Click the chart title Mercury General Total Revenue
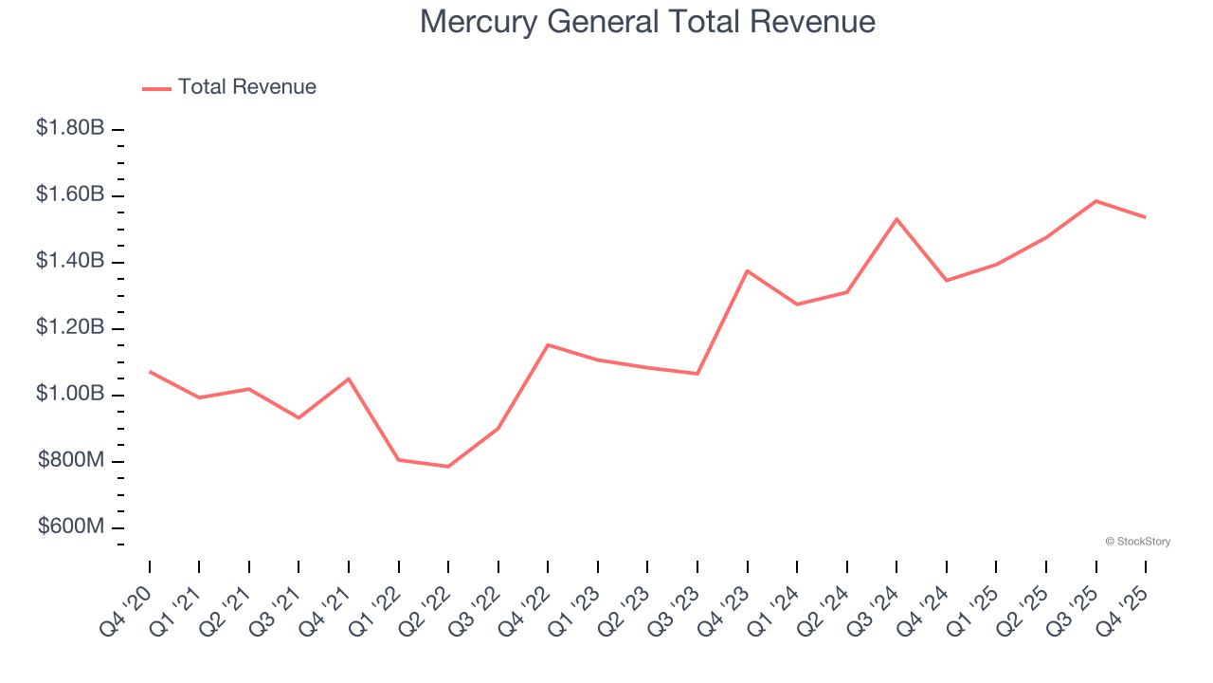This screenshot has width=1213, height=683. point(647,22)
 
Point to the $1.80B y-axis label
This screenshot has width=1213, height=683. point(70,127)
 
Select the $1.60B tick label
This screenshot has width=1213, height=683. point(70,194)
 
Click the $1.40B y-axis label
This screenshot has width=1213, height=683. point(70,261)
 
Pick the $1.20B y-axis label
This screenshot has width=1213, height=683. point(70,327)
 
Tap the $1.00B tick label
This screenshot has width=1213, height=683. point(70,394)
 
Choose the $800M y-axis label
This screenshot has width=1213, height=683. point(72,461)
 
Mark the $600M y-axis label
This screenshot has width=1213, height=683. point(72,527)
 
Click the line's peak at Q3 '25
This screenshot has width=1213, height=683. point(1096,201)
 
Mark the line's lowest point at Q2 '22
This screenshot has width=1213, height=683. point(448,467)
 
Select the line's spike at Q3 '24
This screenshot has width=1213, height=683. point(896,219)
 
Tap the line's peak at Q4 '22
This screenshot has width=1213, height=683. point(548,344)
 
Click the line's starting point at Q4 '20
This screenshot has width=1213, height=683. point(150,371)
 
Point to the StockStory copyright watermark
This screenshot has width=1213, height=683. point(1138,542)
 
